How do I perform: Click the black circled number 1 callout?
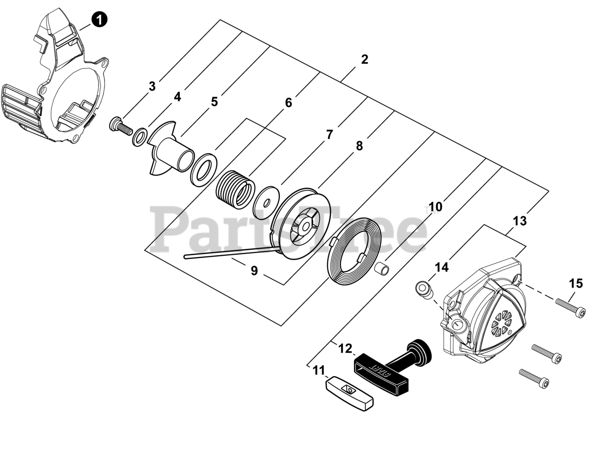point(99,19)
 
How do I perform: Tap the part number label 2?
point(364,59)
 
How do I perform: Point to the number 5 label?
point(214,101)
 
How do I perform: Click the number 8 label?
point(359,146)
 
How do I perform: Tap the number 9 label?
point(254,270)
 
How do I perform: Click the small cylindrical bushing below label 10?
point(383,267)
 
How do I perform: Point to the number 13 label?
point(520,221)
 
